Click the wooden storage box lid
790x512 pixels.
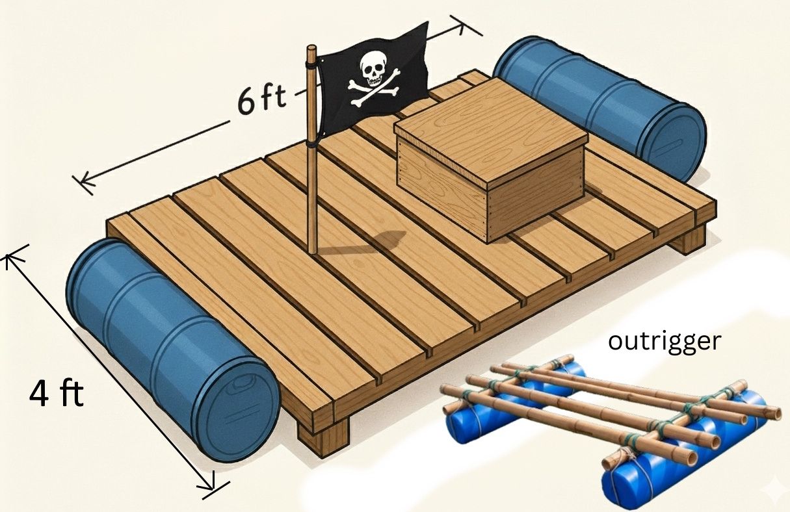[x=491, y=123]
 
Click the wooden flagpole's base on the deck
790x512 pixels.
[x=313, y=250]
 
